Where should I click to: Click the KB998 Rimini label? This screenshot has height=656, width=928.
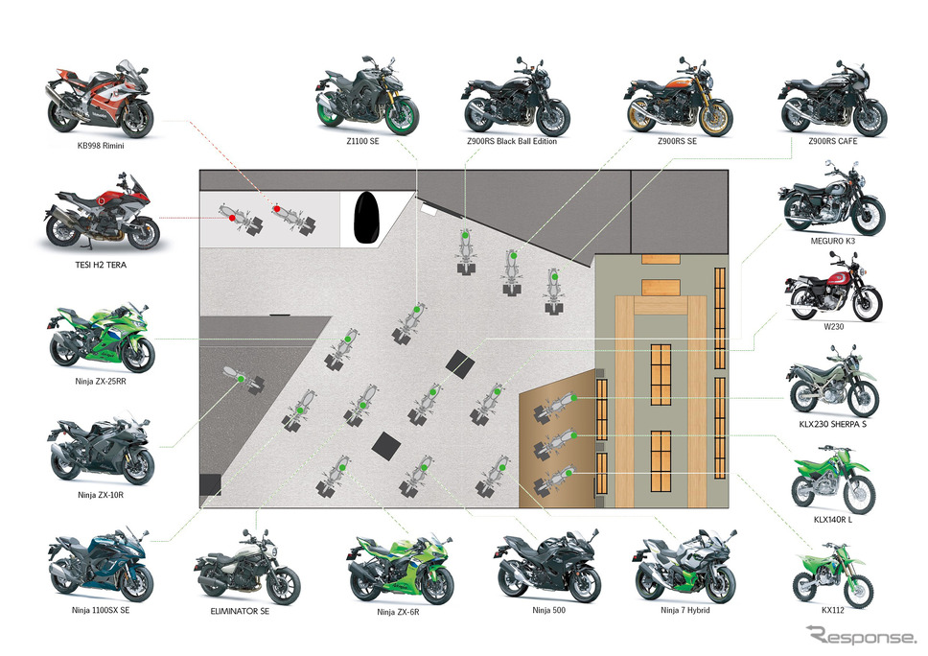click(x=101, y=146)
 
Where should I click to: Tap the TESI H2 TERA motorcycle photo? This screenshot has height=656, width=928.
click(x=101, y=211)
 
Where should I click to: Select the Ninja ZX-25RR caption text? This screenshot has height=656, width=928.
click(x=101, y=382)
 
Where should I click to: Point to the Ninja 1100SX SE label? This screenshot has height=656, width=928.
click(x=101, y=610)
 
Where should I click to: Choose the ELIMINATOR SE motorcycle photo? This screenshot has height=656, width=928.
click(x=246, y=567)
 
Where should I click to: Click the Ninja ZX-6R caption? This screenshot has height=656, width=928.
click(x=398, y=612)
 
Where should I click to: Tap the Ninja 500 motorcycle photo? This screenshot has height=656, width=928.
click(x=546, y=566)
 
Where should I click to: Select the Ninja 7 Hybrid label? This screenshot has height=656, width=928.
click(x=685, y=610)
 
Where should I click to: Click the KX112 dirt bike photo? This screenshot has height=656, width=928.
click(x=833, y=574)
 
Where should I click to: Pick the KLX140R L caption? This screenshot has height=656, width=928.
click(x=833, y=520)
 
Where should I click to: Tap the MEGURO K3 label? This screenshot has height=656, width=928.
click(x=833, y=241)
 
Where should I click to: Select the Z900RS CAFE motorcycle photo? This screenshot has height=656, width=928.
click(x=832, y=98)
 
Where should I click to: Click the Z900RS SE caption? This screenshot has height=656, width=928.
click(x=678, y=142)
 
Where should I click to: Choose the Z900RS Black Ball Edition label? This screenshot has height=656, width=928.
click(x=512, y=142)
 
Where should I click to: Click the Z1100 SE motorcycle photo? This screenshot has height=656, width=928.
click(x=367, y=95)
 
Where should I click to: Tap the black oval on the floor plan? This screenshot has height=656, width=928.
click(x=366, y=218)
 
